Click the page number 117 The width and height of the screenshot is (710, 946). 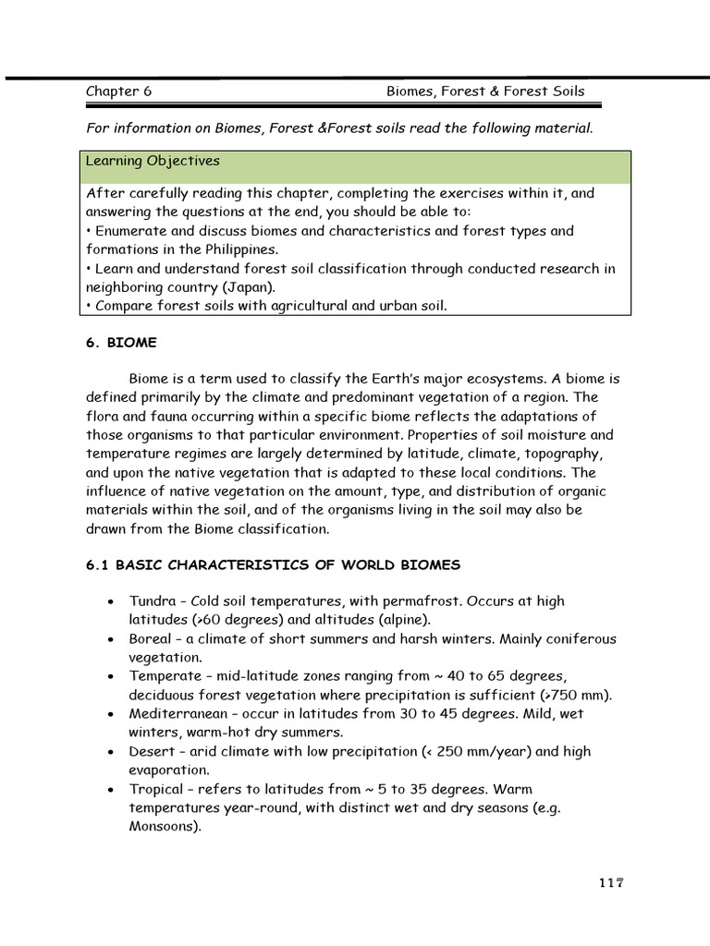[x=611, y=882]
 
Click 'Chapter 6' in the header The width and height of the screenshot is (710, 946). [x=118, y=91]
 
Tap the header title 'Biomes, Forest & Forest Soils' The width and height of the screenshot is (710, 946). [x=485, y=91]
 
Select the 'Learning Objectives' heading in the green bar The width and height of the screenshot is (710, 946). [x=153, y=161]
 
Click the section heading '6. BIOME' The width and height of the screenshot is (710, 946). [x=121, y=343]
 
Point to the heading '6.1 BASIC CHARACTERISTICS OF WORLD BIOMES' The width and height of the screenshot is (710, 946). [x=273, y=564]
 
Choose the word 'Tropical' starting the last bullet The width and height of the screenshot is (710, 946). [x=155, y=789]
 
